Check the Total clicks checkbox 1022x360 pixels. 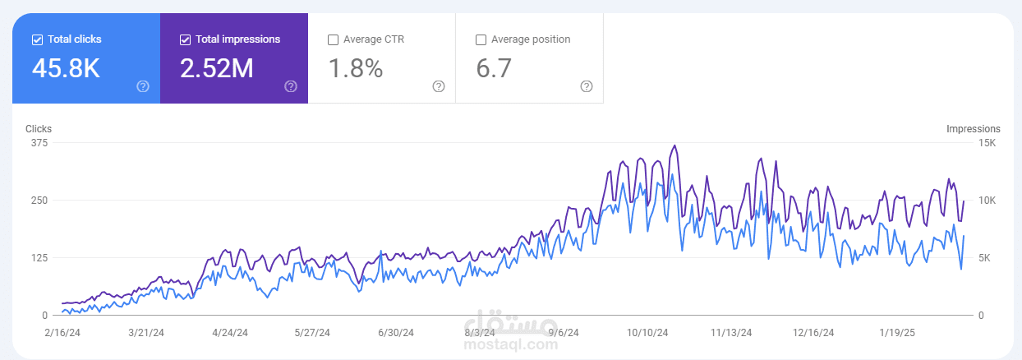38,39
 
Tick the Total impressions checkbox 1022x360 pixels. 185,39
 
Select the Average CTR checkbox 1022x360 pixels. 333,39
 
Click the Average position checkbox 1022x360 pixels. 481,39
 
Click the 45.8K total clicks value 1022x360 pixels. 66,68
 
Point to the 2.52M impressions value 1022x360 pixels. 216,68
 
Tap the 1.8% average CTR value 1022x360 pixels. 356,68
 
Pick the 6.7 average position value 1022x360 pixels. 494,68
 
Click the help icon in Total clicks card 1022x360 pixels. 143,86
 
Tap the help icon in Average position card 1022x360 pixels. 587,86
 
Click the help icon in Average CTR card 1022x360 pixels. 439,86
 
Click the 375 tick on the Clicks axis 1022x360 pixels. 39,143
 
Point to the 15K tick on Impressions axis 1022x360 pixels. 987,143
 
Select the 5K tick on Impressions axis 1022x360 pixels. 984,258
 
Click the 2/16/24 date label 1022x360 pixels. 62,333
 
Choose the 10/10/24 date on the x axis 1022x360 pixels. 647,333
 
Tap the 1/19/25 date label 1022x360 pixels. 897,333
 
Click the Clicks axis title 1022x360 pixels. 39,129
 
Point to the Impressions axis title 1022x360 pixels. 974,129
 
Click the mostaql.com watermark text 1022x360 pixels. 510,344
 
